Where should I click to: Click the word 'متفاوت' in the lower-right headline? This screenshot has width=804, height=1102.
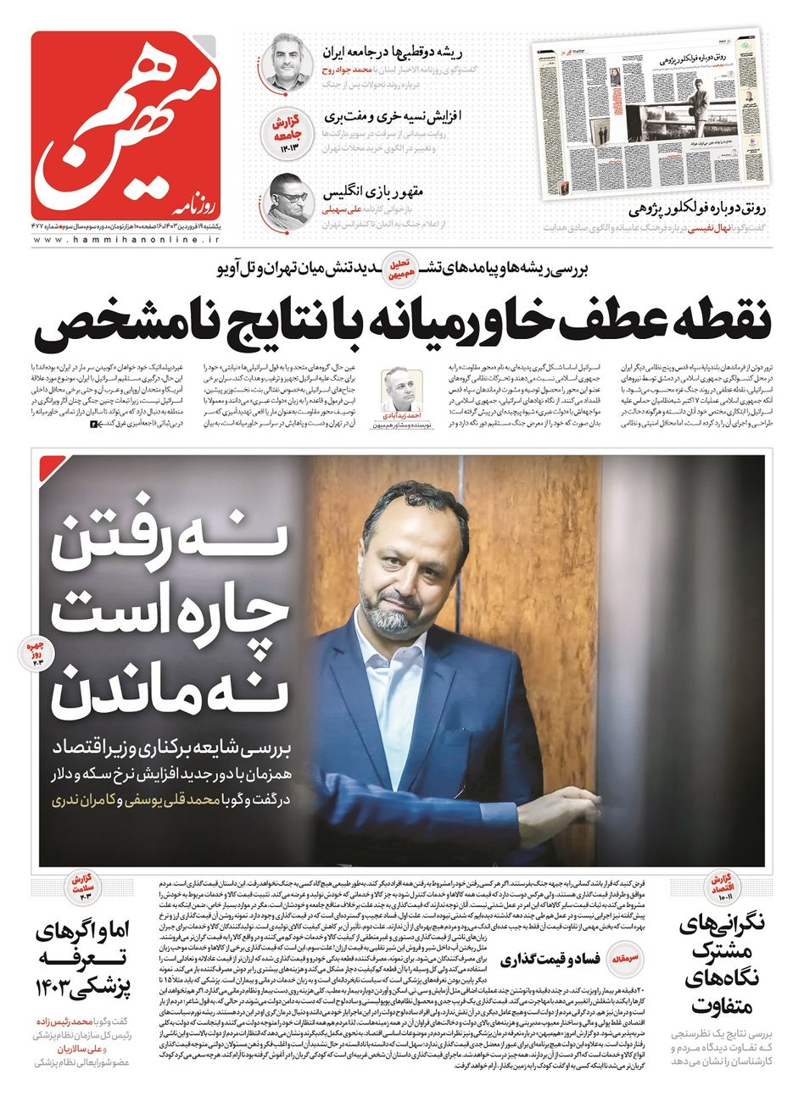click(717, 1005)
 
